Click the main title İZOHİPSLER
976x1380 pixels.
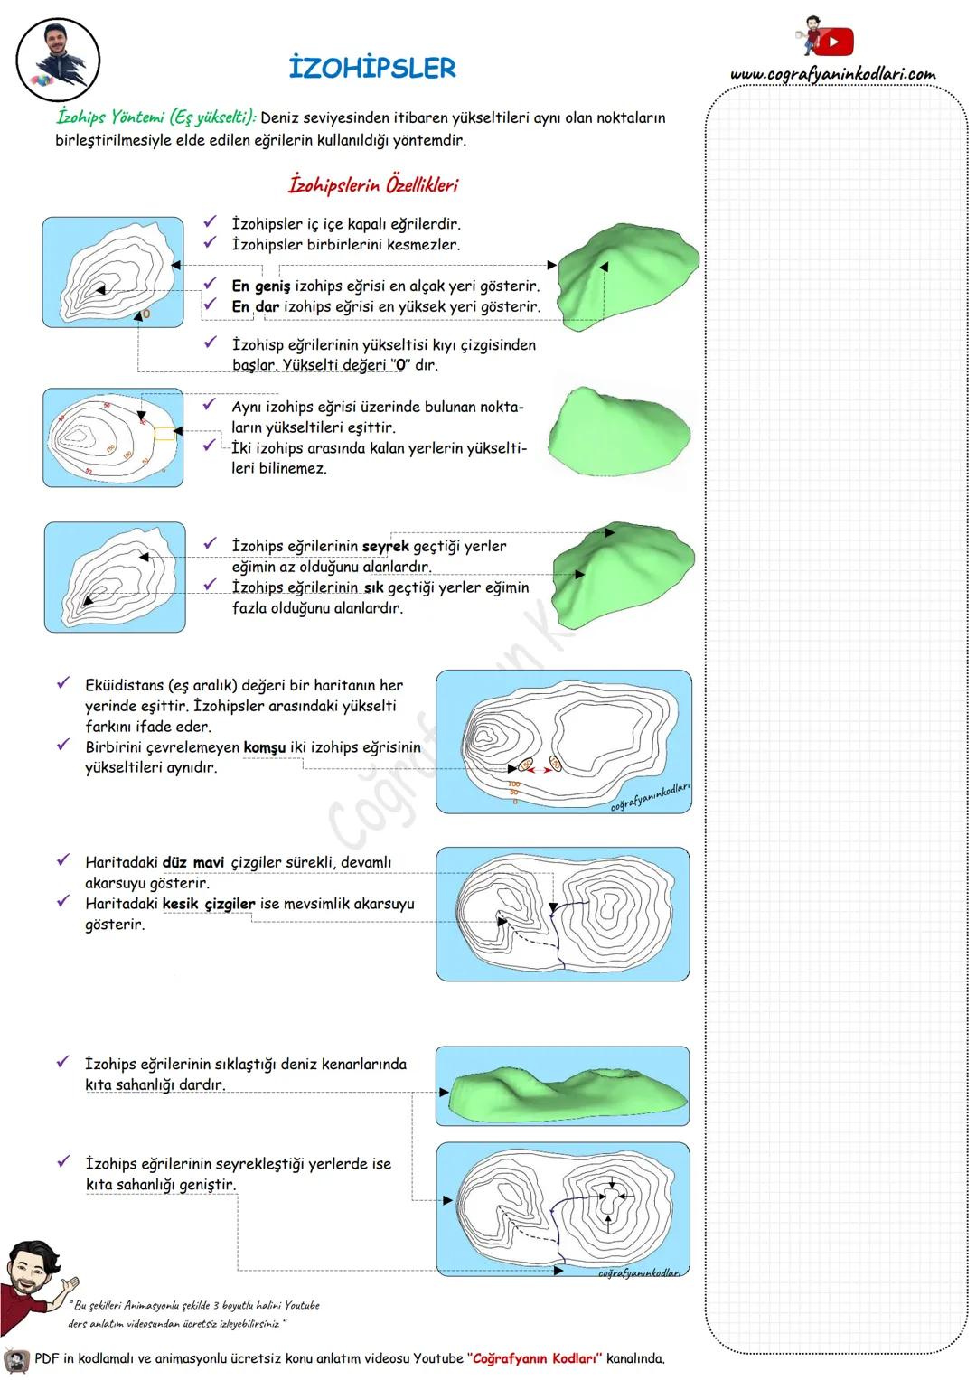pyautogui.click(x=372, y=68)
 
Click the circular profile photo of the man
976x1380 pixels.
pyautogui.click(x=58, y=61)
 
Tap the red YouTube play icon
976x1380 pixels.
pyautogui.click(x=837, y=42)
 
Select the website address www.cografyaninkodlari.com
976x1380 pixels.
pyautogui.click(x=832, y=74)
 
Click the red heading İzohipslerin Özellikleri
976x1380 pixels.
pyautogui.click(x=373, y=185)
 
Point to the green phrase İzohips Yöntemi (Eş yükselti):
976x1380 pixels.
pyautogui.click(x=156, y=117)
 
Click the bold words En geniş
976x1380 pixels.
pyautogui.click(x=260, y=286)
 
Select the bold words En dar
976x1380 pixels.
pyautogui.click(x=255, y=307)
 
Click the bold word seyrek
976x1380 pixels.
pyautogui.click(x=386, y=547)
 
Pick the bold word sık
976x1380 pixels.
pyautogui.click(x=373, y=588)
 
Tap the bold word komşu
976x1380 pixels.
pyautogui.click(x=265, y=747)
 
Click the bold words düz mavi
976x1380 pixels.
pyautogui.click(x=193, y=863)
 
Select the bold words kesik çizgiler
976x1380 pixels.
pyautogui.click(x=209, y=904)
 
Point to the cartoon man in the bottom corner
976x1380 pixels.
pyautogui.click(x=33, y=1280)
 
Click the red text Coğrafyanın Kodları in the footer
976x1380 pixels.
pyautogui.click(x=535, y=1358)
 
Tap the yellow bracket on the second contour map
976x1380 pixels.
pyautogui.click(x=164, y=433)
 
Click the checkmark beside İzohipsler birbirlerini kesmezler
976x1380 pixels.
pyautogui.click(x=211, y=242)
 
